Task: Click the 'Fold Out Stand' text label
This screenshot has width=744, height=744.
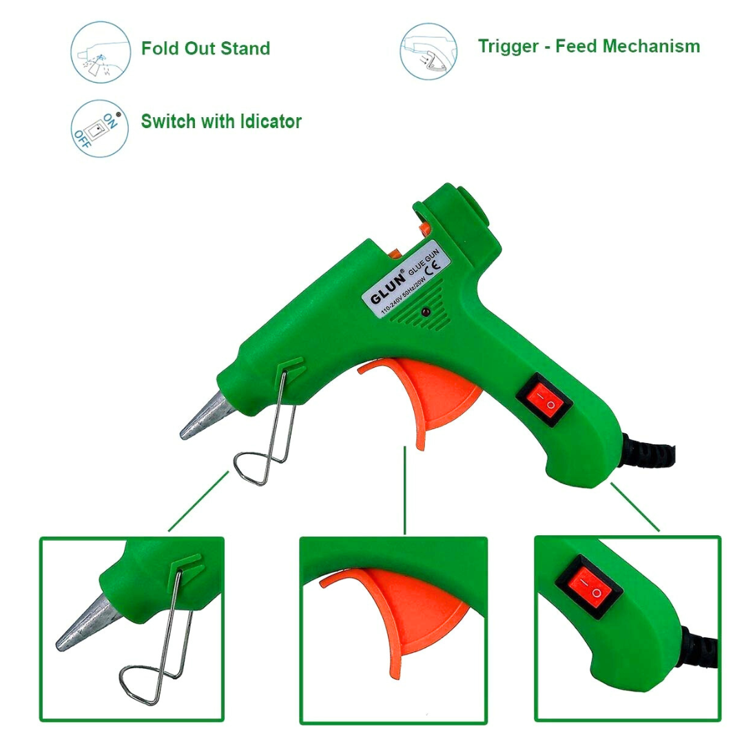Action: click(x=205, y=49)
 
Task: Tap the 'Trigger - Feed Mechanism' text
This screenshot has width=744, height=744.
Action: click(x=589, y=47)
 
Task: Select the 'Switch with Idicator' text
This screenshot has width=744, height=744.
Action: click(x=221, y=122)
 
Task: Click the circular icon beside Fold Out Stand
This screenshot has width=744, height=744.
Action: click(x=101, y=52)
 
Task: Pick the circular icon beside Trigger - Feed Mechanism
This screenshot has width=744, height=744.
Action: click(x=428, y=51)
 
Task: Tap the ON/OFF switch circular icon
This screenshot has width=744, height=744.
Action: click(x=101, y=127)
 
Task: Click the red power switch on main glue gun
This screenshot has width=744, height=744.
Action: click(x=544, y=399)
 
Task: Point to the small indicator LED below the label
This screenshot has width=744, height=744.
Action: click(x=426, y=311)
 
